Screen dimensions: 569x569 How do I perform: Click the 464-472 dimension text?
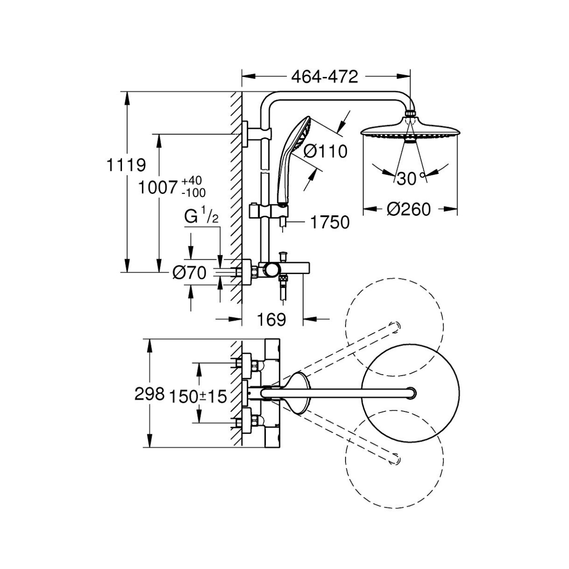(x=325, y=77)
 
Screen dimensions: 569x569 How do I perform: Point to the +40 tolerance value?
(x=192, y=180)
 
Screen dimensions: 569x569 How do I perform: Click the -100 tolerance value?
(x=194, y=193)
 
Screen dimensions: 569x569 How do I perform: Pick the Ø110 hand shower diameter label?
(x=325, y=152)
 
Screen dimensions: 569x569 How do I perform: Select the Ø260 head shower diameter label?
(x=408, y=210)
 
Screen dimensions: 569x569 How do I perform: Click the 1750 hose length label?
(x=330, y=222)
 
